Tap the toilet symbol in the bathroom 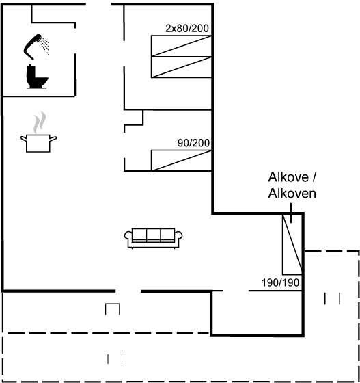click(x=37, y=76)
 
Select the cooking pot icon click(x=38, y=143)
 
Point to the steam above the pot click(x=40, y=122)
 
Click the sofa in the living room click(x=154, y=239)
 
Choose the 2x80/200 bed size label click(x=187, y=29)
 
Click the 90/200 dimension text click(x=193, y=143)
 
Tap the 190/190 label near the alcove click(x=281, y=282)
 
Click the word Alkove click(x=288, y=177)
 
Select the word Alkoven click(x=292, y=193)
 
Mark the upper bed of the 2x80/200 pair click(x=181, y=46)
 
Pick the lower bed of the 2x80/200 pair click(x=181, y=67)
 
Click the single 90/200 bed click(x=181, y=160)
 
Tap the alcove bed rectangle click(x=292, y=245)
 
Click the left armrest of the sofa click(x=128, y=237)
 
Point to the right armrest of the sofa click(x=178, y=237)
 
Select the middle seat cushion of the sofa click(x=154, y=235)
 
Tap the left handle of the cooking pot click(x=24, y=139)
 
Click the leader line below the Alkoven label click(x=291, y=213)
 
